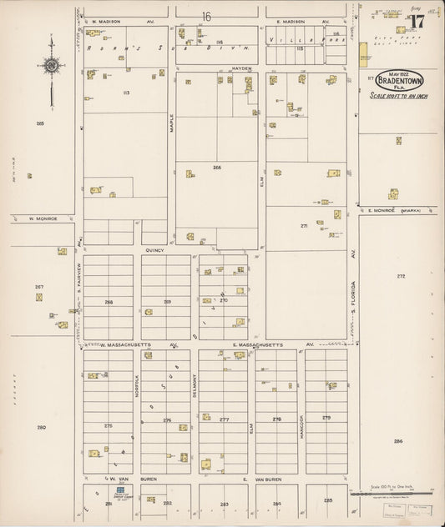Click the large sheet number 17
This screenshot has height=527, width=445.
(x=417, y=21)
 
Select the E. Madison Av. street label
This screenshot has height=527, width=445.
(x=291, y=22)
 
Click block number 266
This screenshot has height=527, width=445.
(x=217, y=168)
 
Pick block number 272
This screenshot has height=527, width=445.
(x=401, y=276)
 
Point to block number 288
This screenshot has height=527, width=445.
(x=109, y=302)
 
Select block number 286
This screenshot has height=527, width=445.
(x=398, y=441)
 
